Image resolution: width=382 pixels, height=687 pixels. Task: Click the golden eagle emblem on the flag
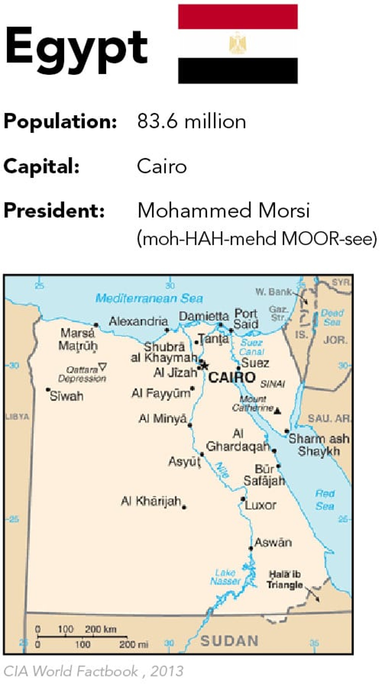pos(237,43)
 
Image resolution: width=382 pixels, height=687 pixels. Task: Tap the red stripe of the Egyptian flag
pos(237,17)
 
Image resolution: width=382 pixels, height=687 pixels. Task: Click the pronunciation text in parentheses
pos(257,238)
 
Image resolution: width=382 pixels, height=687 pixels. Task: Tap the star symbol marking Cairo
pos(204,366)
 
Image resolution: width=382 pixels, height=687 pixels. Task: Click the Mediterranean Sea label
pos(149,298)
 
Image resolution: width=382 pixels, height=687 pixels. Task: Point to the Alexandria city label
pos(138,321)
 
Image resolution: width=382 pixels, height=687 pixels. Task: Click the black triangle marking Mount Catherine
pos(278,411)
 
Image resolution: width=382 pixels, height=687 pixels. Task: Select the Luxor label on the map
pos(260,505)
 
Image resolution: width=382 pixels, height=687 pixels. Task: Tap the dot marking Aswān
pos(251,548)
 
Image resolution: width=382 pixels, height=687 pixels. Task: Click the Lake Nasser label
pos(225,577)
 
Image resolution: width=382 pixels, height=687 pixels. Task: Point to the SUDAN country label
pos(229,641)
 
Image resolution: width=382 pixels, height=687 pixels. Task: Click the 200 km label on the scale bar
pos(101,629)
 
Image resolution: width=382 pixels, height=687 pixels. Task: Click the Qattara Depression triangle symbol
pos(102,367)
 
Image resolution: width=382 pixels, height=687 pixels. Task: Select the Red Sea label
pos(325,500)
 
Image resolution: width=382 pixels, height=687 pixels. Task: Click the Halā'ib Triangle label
pos(285,579)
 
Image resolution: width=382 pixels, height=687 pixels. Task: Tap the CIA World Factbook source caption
pos(93,671)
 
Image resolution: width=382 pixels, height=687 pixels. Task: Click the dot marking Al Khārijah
pos(184,507)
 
